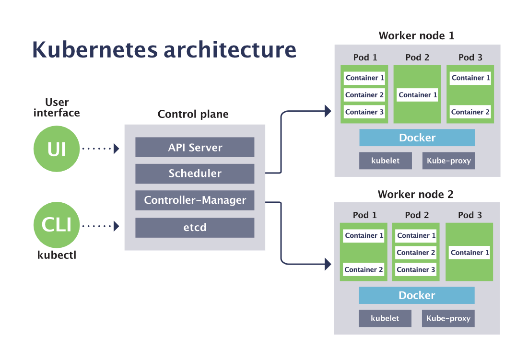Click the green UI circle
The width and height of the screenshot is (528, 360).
[56, 149]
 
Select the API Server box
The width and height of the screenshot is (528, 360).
[195, 148]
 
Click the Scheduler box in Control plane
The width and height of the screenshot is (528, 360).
[195, 174]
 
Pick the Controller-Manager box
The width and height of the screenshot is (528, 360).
[195, 200]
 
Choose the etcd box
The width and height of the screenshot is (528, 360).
[195, 227]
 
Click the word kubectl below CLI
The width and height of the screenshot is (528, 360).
[57, 255]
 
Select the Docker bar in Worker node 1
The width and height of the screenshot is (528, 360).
[417, 138]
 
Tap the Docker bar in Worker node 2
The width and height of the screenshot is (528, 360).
[417, 295]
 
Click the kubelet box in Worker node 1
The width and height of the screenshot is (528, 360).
[386, 161]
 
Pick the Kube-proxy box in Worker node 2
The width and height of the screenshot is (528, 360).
[448, 318]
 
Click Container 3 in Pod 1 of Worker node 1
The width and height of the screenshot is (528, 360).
[364, 112]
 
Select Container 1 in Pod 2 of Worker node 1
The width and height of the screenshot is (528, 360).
[418, 95]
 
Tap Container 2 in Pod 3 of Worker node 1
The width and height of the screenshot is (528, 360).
[470, 112]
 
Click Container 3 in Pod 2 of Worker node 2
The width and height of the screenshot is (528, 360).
[416, 269]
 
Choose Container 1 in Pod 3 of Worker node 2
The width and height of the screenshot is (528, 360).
[470, 253]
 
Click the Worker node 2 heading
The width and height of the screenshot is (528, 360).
[415, 194]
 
